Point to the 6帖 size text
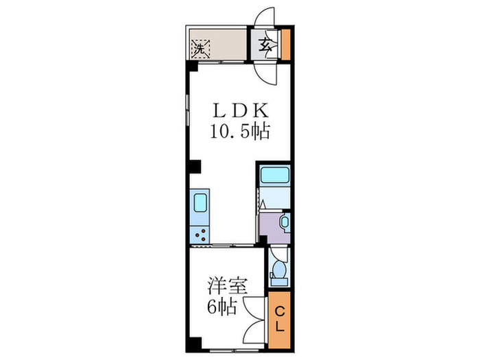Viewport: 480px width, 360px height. pyautogui.click(x=222, y=307)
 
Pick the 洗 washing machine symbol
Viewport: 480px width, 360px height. pyautogui.click(x=200, y=49)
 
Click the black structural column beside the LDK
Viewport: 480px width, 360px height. pyautogui.click(x=195, y=165)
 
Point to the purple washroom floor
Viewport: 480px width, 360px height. pyautogui.click(x=270, y=230)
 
